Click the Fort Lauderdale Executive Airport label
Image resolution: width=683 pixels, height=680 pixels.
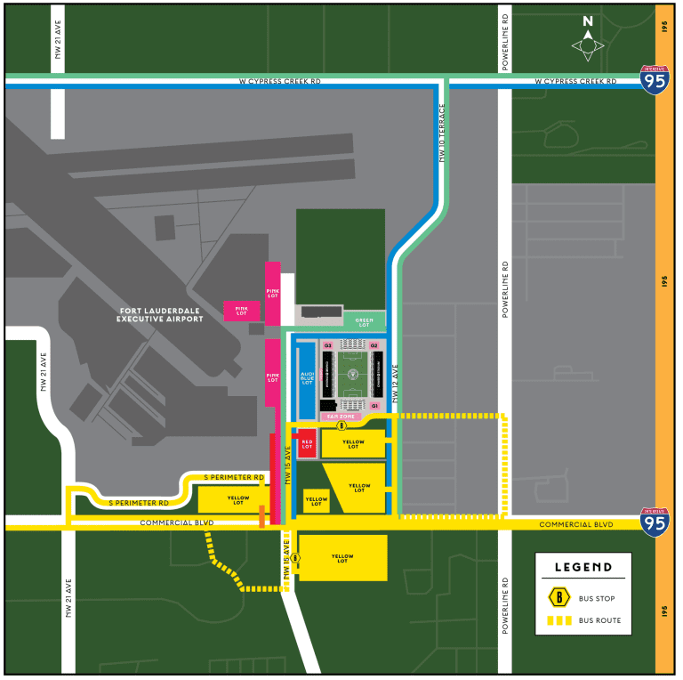[162, 314]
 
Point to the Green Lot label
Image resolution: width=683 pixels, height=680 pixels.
[365, 321]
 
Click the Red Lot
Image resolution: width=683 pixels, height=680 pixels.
[307, 442]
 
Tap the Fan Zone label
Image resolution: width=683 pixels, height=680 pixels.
[341, 416]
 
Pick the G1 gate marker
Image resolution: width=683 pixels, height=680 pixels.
[375, 405]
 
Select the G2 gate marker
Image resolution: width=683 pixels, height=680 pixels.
[374, 345]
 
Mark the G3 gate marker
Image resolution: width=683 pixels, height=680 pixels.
[327, 345]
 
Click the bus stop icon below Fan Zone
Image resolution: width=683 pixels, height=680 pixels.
[341, 426]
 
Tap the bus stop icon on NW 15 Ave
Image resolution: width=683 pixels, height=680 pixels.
[296, 559]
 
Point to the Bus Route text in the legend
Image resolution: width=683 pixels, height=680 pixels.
[599, 620]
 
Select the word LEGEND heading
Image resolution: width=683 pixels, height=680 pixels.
[583, 567]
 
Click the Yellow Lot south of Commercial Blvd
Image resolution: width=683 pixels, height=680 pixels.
[342, 558]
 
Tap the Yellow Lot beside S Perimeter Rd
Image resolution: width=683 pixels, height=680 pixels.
[237, 499]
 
